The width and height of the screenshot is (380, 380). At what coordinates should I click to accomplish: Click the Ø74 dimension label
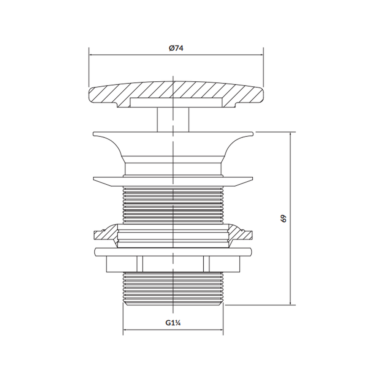[x=176, y=48]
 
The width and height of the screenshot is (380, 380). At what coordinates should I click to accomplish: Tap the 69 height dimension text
[x=283, y=218]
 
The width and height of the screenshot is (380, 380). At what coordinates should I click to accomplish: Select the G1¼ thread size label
[x=173, y=323]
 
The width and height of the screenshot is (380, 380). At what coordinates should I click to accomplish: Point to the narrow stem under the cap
[x=173, y=120]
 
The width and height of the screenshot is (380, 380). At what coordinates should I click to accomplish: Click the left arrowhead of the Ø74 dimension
[x=91, y=55]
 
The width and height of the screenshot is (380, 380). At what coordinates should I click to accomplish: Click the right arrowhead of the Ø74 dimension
[x=261, y=55]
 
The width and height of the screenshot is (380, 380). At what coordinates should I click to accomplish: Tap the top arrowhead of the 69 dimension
[x=290, y=134]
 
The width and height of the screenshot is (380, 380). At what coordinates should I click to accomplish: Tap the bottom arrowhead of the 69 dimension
[x=290, y=303]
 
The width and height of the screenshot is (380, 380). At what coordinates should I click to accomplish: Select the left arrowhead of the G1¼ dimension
[x=125, y=329]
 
